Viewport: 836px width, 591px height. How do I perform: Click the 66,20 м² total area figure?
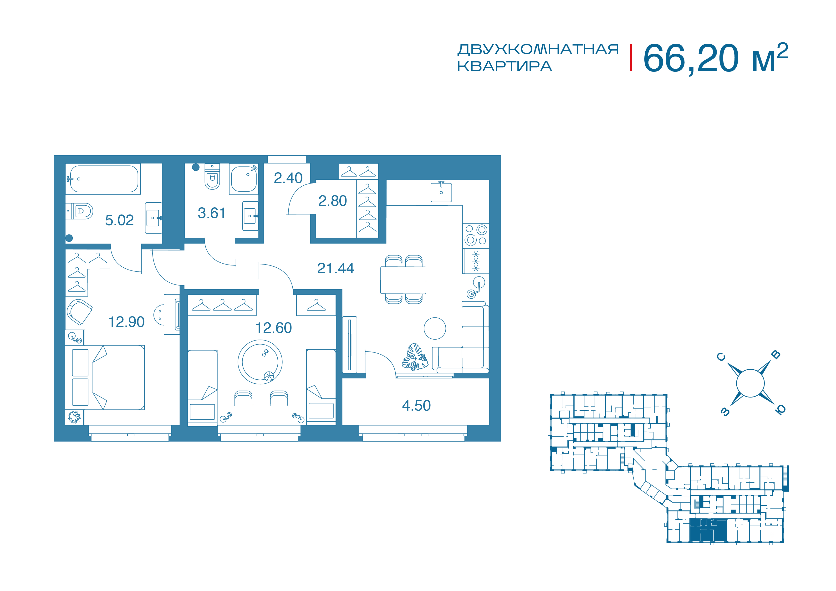[715, 58]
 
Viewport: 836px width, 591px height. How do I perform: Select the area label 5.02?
[119, 220]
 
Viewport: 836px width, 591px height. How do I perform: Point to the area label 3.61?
[212, 213]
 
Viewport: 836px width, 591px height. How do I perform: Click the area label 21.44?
[336, 268]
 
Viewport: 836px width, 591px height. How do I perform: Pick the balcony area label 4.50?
[416, 406]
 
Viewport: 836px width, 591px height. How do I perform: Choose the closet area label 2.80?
[332, 201]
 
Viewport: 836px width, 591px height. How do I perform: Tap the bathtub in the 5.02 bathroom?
[104, 179]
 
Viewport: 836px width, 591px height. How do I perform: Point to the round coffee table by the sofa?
[435, 328]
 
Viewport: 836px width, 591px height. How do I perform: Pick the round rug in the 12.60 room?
[260, 362]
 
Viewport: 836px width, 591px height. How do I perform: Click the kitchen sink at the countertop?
[441, 192]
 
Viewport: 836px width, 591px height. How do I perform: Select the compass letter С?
[721, 357]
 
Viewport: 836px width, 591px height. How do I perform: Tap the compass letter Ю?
[780, 410]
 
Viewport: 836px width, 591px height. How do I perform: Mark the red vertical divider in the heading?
[631, 57]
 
